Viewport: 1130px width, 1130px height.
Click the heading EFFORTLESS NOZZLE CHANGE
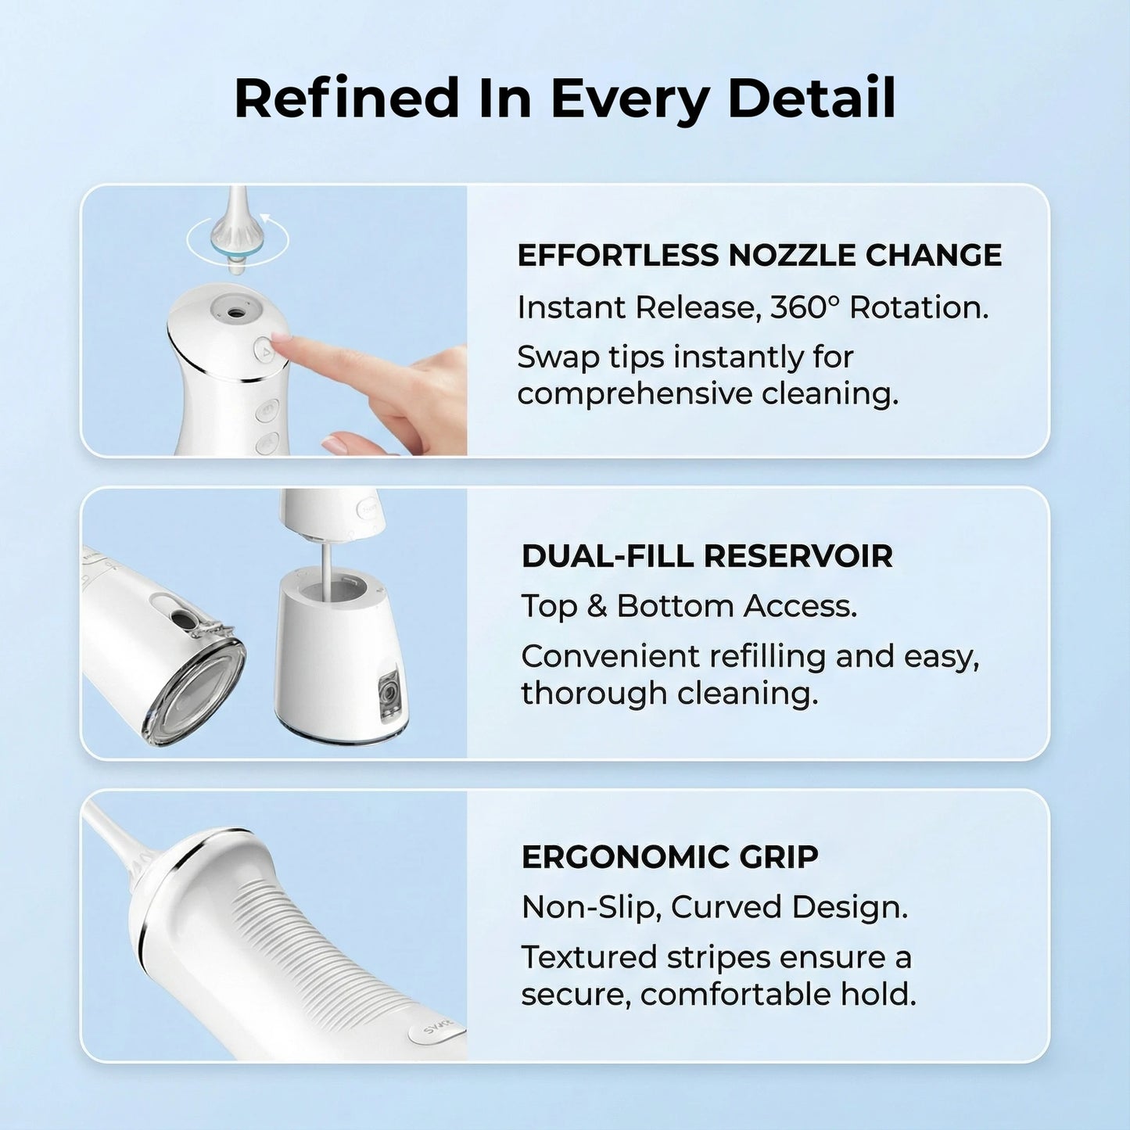pos(759,256)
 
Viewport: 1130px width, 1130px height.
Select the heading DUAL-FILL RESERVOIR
pos(707,556)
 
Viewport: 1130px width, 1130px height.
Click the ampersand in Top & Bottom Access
pos(597,606)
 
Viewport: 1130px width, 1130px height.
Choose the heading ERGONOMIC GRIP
pos(669,857)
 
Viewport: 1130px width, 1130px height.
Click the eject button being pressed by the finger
pos(264,350)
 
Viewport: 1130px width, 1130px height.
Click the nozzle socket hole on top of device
pos(234,312)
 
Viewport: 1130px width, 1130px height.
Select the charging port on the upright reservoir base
pos(386,693)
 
